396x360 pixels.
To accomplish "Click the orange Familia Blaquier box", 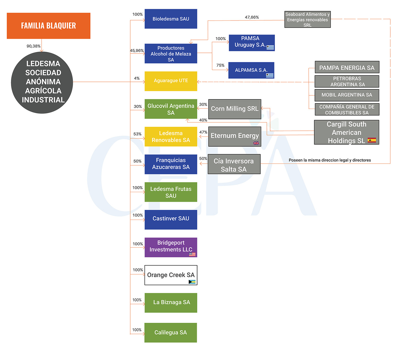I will [48, 26].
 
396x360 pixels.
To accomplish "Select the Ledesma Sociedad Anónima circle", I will [42, 82].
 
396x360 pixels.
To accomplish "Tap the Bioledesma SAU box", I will [171, 19].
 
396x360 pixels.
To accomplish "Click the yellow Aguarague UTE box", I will [171, 81].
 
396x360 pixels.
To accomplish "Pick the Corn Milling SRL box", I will [234, 109].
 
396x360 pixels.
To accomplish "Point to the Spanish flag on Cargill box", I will [372, 140].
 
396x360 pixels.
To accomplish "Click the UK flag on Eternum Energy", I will [256, 143].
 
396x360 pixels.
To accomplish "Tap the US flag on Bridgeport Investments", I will [192, 254].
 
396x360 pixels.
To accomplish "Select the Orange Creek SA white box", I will [171, 275].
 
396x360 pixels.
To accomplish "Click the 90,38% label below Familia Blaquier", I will [34, 46].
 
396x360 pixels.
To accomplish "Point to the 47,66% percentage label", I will [252, 17].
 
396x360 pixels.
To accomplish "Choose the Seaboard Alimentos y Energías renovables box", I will [307, 20].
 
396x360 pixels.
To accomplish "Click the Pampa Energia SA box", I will [347, 68].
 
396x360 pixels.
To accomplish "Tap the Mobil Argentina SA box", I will [347, 95].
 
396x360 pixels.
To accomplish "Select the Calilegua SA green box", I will [171, 333].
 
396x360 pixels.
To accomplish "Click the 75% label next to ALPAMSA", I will [220, 65].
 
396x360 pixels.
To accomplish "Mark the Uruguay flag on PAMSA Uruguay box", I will [270, 47].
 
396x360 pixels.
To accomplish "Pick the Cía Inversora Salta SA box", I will [234, 165].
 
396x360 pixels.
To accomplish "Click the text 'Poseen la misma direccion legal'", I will [330, 160].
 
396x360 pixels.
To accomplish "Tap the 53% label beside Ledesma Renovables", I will [137, 134].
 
